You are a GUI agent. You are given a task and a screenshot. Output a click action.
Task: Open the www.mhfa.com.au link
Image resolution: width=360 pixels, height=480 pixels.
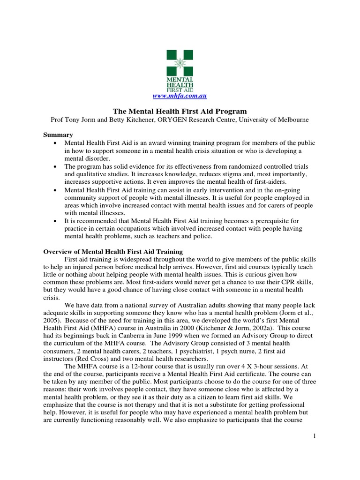tap(180, 96)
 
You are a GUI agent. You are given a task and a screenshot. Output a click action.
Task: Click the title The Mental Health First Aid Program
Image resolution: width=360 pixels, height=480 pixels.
tap(180, 111)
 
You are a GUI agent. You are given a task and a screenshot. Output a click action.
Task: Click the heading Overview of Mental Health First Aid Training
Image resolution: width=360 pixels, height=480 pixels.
tap(113, 252)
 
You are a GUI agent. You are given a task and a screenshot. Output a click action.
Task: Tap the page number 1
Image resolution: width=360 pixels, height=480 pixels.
tap(315, 436)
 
